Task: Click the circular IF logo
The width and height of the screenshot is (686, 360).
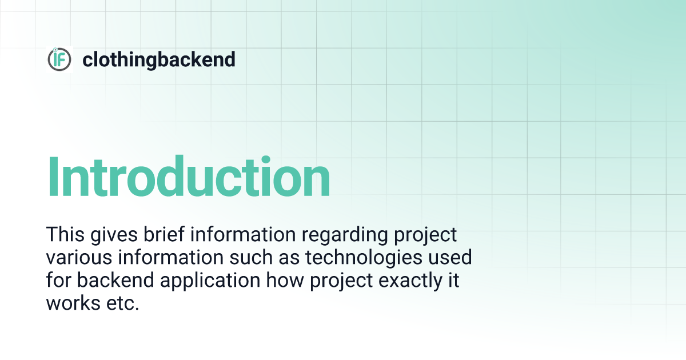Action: coord(59,59)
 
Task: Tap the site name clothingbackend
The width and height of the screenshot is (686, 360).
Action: coord(159,59)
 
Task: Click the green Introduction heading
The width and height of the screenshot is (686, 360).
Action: coord(188,177)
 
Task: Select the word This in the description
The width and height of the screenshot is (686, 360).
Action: coord(65,234)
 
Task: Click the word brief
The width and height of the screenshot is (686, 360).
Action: coord(164,234)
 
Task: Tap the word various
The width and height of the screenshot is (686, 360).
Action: coord(79,258)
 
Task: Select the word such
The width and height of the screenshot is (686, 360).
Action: coord(251,257)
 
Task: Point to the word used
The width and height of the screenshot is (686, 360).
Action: coord(450,257)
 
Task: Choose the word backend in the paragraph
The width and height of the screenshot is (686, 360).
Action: coord(115,280)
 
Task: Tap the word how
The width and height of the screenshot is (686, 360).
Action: coord(285,281)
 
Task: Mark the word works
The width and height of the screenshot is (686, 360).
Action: coord(73,303)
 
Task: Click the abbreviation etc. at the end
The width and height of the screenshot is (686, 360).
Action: coord(123,303)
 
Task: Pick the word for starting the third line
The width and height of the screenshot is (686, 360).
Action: coord(58,280)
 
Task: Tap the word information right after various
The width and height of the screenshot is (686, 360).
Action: coord(170,257)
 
